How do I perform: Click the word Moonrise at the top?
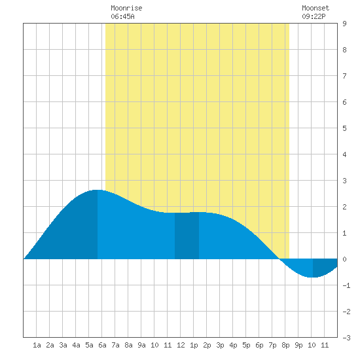point(126,8)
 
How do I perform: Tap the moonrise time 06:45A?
point(122,16)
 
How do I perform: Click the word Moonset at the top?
point(315,8)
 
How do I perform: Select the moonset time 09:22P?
point(314,16)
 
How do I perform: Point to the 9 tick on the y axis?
point(344,24)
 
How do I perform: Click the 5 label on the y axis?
point(344,128)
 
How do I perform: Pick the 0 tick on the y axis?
point(344,259)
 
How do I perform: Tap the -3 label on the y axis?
point(347,338)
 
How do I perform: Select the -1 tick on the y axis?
point(347,285)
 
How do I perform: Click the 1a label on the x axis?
point(37,345)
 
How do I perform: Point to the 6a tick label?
point(102,345)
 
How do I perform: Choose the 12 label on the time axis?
point(181,345)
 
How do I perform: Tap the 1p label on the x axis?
point(194,345)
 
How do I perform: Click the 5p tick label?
point(246,345)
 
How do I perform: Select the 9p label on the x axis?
point(298,345)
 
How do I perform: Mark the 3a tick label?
point(63,345)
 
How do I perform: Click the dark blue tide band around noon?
point(187,236)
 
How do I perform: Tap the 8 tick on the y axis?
point(344,50)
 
